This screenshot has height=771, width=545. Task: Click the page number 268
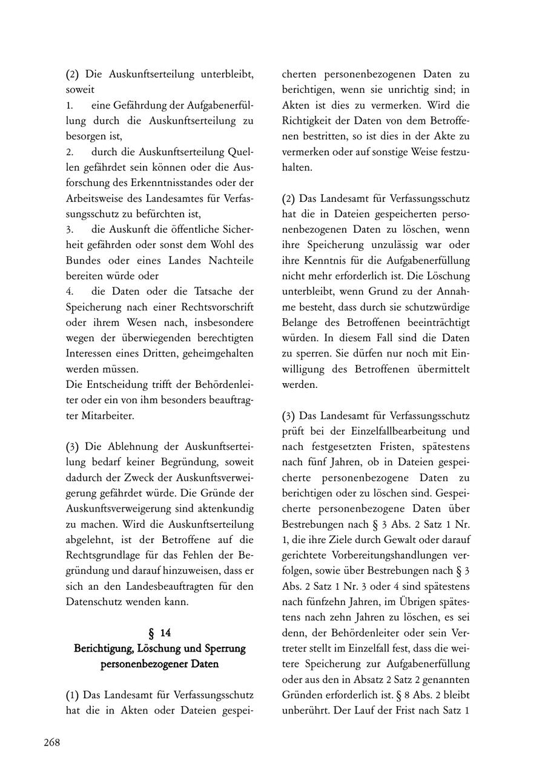51,742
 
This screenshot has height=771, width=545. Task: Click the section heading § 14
160,633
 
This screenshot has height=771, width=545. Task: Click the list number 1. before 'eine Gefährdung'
70,105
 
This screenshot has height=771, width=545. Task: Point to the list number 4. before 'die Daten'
70,291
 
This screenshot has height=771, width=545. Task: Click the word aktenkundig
225,508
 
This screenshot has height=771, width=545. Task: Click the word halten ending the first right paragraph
297,167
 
